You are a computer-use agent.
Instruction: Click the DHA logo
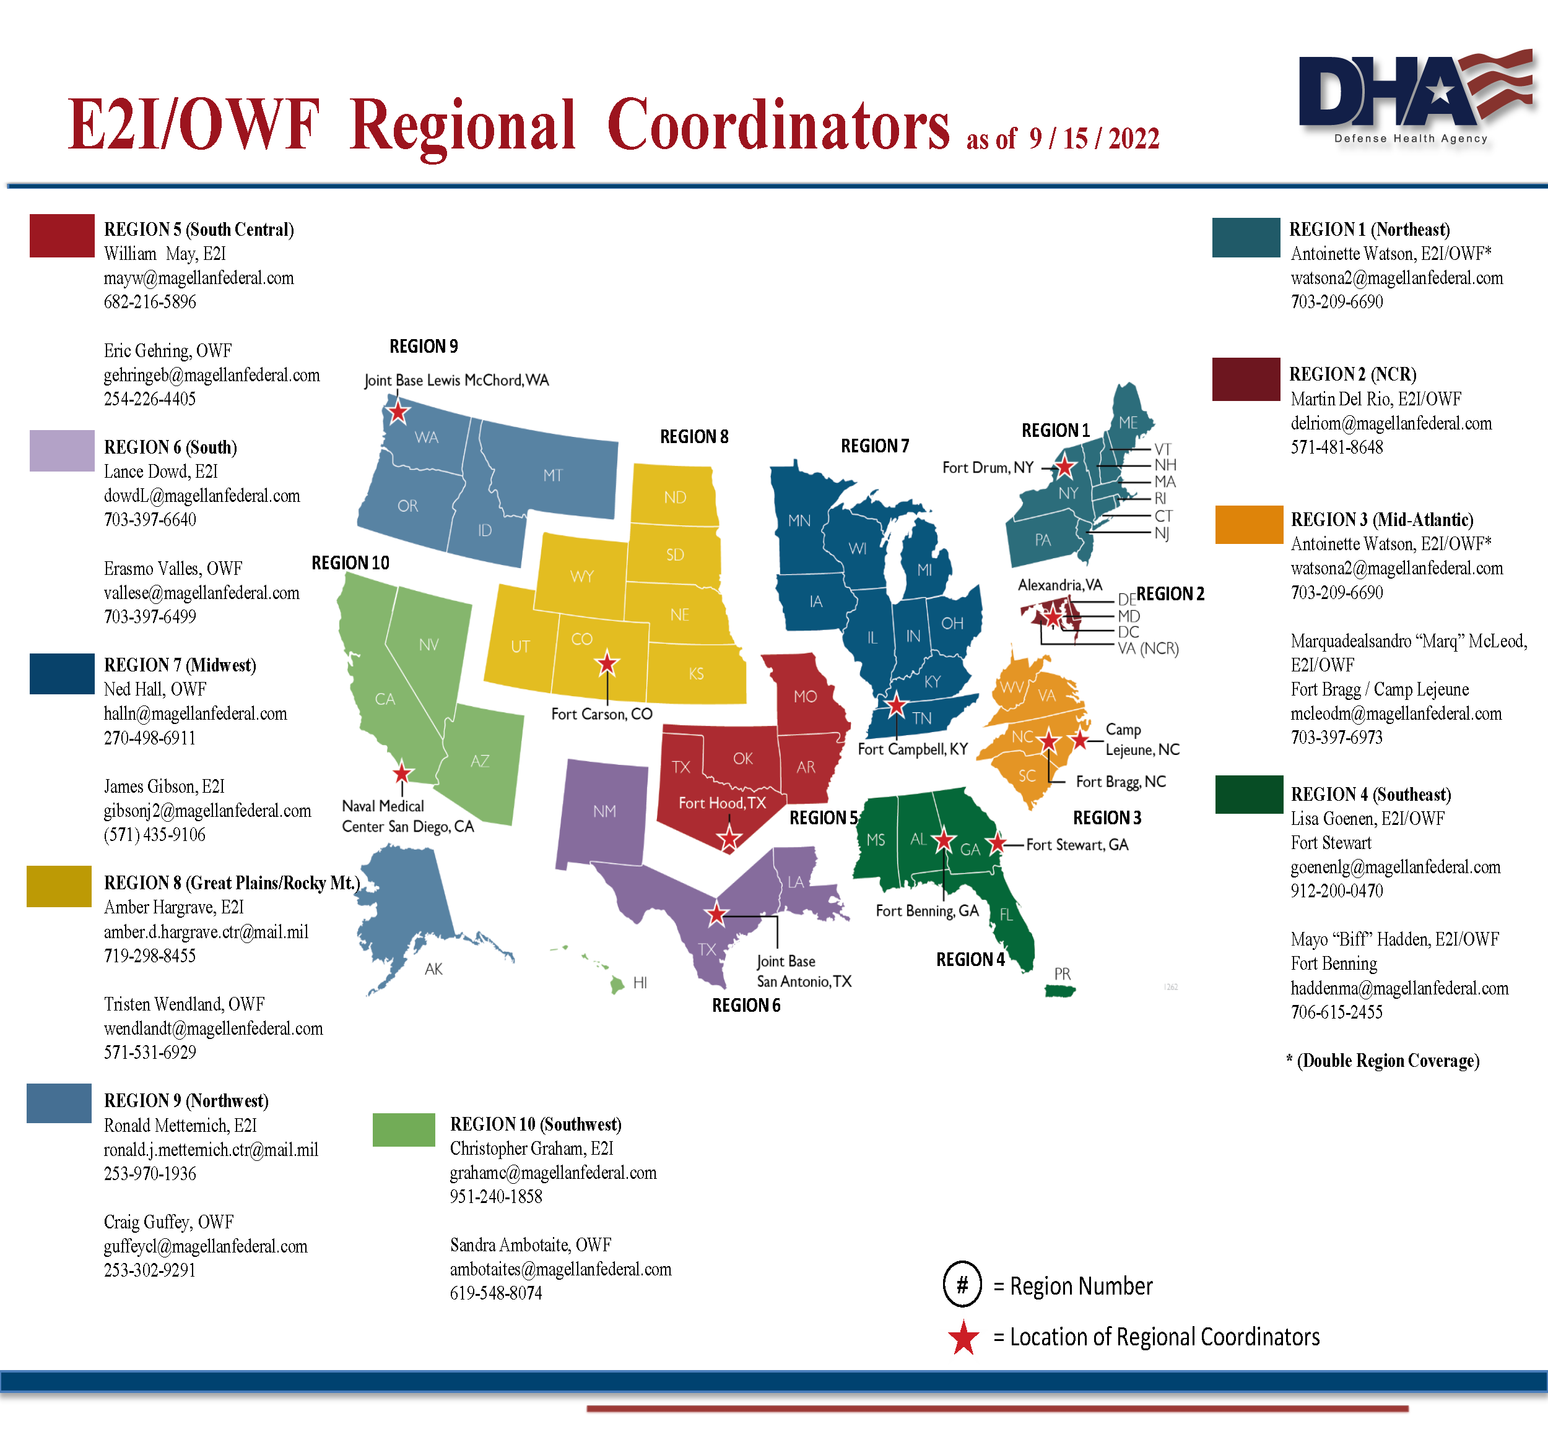pyautogui.click(x=1413, y=97)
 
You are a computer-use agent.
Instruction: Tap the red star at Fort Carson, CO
pyautogui.click(x=607, y=664)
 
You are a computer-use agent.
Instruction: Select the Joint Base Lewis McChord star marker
pyautogui.click(x=398, y=411)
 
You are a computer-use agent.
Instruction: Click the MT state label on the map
pyautogui.click(x=552, y=475)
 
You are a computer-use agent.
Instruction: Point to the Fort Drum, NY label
pyautogui.click(x=988, y=468)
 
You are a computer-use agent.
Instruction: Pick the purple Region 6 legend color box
pyautogui.click(x=61, y=451)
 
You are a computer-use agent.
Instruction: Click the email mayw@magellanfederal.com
pyautogui.click(x=199, y=278)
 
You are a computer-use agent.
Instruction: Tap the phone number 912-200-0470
pyautogui.click(x=1336, y=890)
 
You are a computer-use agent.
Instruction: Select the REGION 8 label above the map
pyautogui.click(x=694, y=437)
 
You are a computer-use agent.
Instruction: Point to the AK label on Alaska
pyautogui.click(x=433, y=969)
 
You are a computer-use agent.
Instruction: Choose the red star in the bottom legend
pyautogui.click(x=963, y=1338)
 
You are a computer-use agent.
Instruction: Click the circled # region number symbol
pyautogui.click(x=962, y=1284)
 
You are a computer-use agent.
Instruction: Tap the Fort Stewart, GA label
pyautogui.click(x=1076, y=845)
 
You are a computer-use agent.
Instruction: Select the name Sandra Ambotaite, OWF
pyautogui.click(x=530, y=1245)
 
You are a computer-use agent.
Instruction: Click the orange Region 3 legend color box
pyautogui.click(x=1248, y=525)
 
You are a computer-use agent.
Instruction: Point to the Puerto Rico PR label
pyautogui.click(x=1062, y=973)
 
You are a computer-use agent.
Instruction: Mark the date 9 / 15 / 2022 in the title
pyautogui.click(x=1094, y=139)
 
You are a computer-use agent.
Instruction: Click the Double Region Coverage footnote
pyautogui.click(x=1382, y=1061)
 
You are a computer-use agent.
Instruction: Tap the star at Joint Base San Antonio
pyautogui.click(x=716, y=915)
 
